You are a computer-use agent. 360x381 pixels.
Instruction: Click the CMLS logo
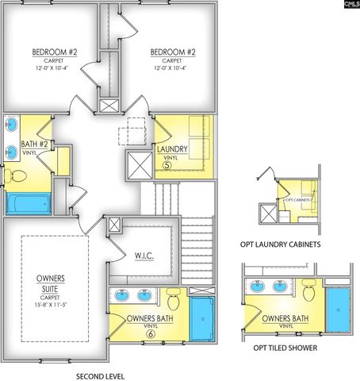point(349,6)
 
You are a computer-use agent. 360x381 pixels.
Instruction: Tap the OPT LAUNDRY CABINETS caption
point(281,244)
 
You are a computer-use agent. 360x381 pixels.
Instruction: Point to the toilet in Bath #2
point(16,175)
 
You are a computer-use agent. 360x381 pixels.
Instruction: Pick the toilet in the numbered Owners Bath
point(174,300)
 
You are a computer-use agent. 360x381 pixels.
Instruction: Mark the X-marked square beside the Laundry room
point(140,167)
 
